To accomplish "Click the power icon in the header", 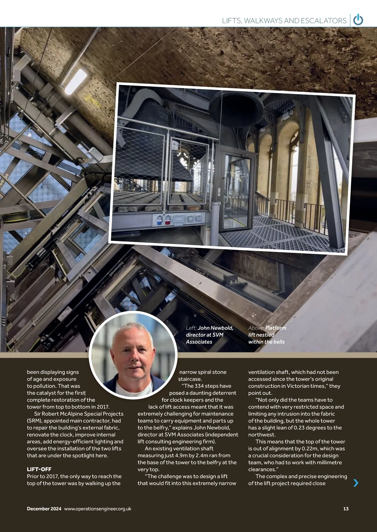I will click(358, 20).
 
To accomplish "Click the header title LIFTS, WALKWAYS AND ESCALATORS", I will click(284, 21).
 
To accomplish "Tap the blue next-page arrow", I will click(356, 483).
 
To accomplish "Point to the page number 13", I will click(346, 509).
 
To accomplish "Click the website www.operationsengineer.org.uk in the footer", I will click(98, 509).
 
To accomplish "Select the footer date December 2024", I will click(44, 509).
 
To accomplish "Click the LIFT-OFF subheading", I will click(39, 469).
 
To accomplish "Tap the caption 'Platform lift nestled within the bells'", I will click(267, 335).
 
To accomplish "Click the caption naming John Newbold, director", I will click(209, 335).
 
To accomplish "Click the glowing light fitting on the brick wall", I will click(76, 82).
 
